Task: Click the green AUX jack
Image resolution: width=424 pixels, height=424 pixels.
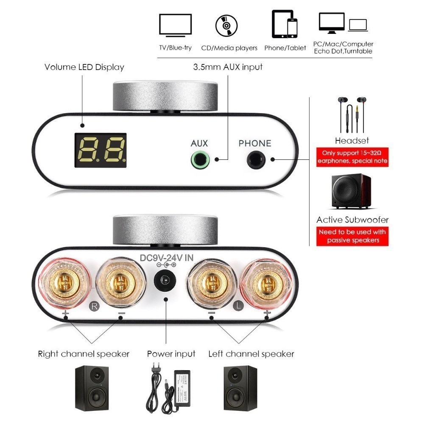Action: click(200, 159)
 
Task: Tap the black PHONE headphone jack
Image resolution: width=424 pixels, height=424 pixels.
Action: click(256, 159)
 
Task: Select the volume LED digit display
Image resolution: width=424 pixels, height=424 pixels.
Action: click(100, 150)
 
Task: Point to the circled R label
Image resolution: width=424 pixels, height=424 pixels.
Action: click(95, 306)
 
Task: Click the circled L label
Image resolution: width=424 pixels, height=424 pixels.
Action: click(238, 306)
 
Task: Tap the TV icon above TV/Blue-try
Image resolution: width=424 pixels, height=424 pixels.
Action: click(176, 25)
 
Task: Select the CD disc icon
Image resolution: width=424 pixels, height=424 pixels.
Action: click(226, 25)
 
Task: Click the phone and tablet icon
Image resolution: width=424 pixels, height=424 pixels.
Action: click(285, 24)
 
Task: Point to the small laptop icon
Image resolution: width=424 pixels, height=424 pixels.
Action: click(358, 25)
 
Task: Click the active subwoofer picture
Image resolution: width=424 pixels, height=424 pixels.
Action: click(351, 191)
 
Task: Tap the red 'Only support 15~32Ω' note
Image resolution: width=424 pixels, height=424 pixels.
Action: click(352, 157)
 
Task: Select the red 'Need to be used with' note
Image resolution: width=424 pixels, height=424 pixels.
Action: click(352, 236)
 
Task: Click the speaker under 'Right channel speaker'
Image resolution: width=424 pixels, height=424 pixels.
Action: click(92, 388)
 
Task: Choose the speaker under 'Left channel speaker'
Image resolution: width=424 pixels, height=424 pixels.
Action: click(240, 388)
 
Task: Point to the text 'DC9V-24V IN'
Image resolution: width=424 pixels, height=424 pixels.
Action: click(167, 258)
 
